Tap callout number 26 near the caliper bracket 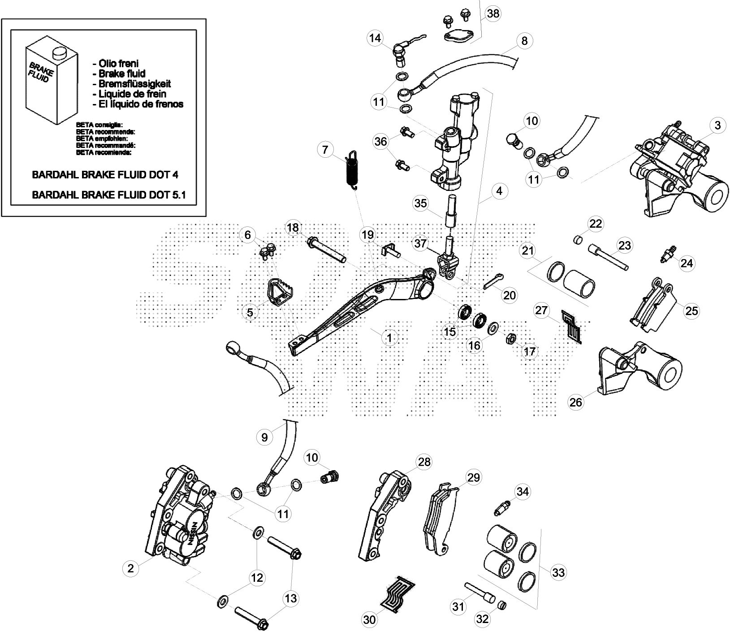[576, 402]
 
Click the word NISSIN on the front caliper [192, 532]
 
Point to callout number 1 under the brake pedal [389, 338]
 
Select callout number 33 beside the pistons [559, 572]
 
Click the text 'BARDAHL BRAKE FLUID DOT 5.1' [108, 195]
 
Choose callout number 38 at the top [493, 13]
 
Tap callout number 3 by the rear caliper [718, 126]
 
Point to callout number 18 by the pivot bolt [293, 228]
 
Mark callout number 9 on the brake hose [264, 437]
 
